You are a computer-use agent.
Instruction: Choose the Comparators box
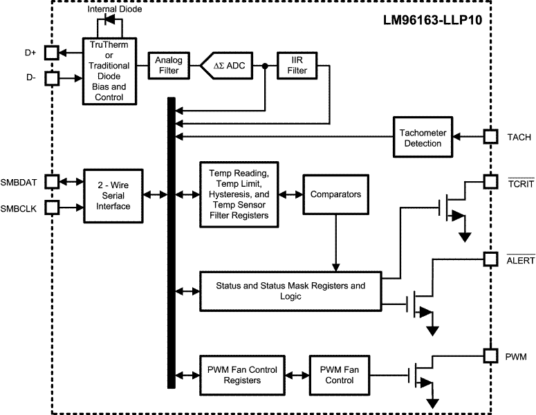[336, 195]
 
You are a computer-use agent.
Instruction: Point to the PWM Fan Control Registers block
[240, 375]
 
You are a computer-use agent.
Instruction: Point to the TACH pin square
[490, 137]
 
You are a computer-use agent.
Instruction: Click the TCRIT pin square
[490, 181]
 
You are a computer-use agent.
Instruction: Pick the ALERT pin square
[490, 259]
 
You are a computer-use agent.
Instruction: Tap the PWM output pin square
[490, 356]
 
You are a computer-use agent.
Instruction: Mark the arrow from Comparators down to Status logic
[336, 242]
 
